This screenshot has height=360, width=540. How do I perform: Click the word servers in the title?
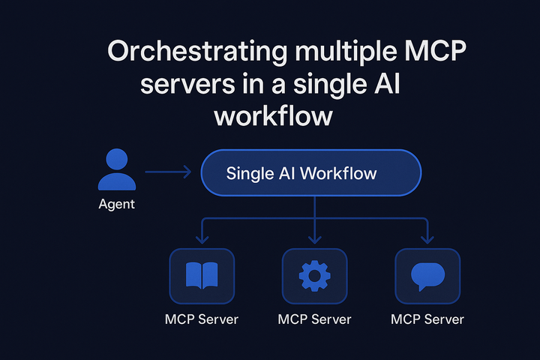(180, 85)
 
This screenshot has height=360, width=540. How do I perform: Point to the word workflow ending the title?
(271, 117)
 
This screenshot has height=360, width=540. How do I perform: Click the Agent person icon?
(116, 169)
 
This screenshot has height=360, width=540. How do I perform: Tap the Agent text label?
(116, 203)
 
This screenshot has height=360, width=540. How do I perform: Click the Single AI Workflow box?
(311, 174)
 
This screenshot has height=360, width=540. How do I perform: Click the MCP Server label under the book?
(201, 319)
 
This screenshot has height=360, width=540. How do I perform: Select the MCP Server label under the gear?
(314, 319)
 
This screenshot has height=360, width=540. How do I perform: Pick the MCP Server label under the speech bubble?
(427, 319)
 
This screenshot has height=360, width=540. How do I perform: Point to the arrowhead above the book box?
(201, 239)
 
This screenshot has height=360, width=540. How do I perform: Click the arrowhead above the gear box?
(314, 239)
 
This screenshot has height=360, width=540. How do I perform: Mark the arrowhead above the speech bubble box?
(427, 239)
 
